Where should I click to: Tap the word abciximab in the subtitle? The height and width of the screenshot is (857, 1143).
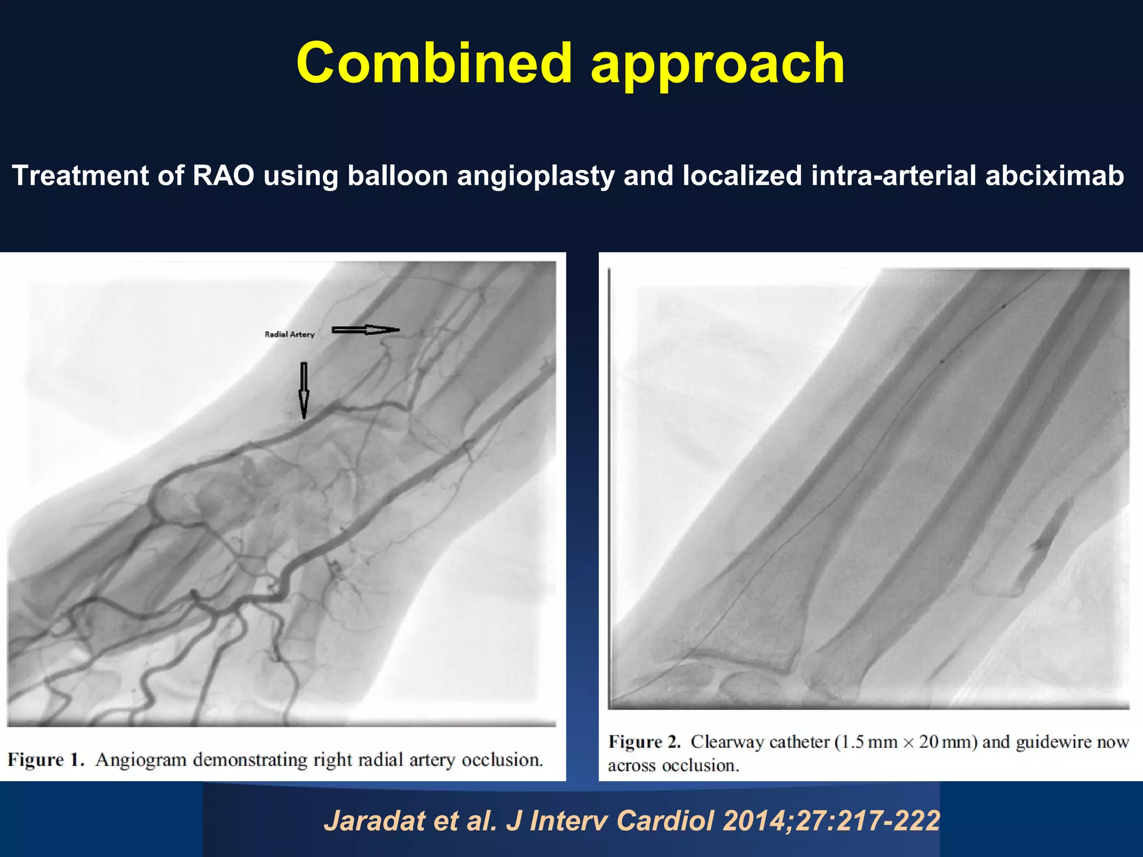tap(1054, 175)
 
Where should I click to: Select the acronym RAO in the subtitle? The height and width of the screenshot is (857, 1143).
tap(223, 175)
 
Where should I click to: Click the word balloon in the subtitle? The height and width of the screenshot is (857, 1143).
tap(397, 175)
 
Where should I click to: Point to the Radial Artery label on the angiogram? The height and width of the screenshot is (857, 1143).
tap(289, 334)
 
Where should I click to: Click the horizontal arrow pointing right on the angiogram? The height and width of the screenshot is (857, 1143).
tap(366, 330)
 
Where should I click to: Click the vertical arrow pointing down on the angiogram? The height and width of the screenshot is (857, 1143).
tap(304, 390)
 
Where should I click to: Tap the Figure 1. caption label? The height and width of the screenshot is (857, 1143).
tap(46, 760)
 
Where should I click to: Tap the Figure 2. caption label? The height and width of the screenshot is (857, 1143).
tap(645, 742)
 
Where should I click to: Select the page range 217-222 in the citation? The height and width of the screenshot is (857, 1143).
tap(893, 821)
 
